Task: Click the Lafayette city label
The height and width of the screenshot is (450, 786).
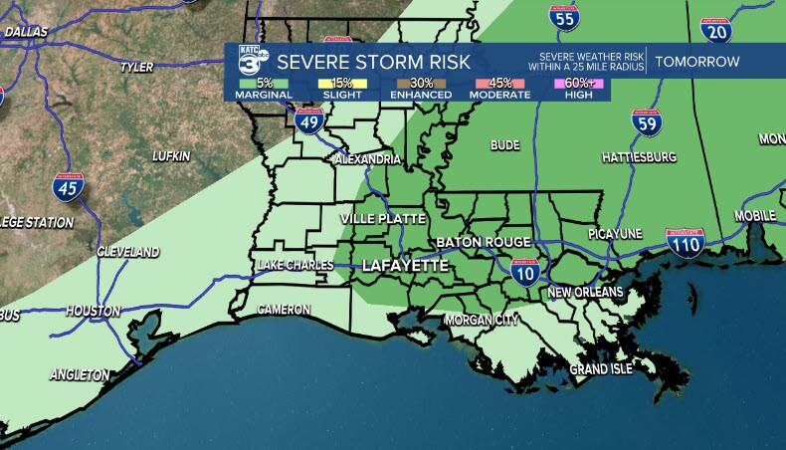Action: click(405, 266)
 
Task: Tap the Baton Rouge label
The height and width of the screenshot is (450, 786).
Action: click(483, 242)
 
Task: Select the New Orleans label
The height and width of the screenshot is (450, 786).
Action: click(585, 292)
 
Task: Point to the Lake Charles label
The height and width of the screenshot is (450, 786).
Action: click(294, 265)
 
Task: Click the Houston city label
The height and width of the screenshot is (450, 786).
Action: click(93, 311)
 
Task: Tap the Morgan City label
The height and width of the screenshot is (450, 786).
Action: click(482, 320)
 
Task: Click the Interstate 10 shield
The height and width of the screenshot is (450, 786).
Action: click(525, 271)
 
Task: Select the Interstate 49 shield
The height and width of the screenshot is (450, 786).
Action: click(308, 121)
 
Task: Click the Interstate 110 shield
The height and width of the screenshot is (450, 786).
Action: click(685, 242)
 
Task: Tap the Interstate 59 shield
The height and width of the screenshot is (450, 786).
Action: click(647, 123)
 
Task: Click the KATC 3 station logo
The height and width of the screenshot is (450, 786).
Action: click(248, 63)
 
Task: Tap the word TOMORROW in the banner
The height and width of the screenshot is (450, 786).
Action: click(696, 62)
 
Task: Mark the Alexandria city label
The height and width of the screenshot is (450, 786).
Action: click(368, 159)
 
